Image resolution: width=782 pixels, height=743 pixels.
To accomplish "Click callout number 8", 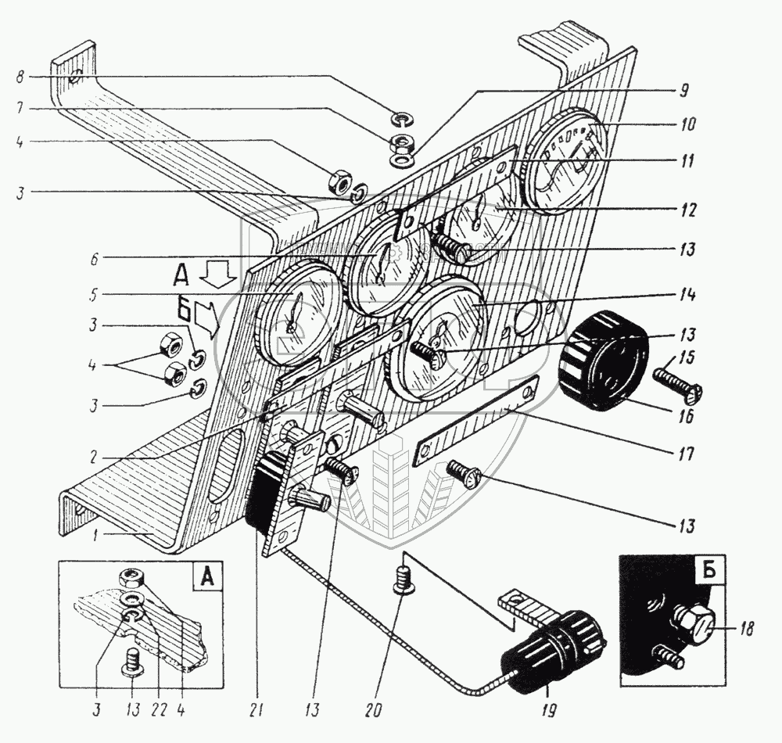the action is (20, 77).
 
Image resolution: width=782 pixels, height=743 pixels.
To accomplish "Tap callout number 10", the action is (687, 124).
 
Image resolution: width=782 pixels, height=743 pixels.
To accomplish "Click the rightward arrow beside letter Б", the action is (206, 319).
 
